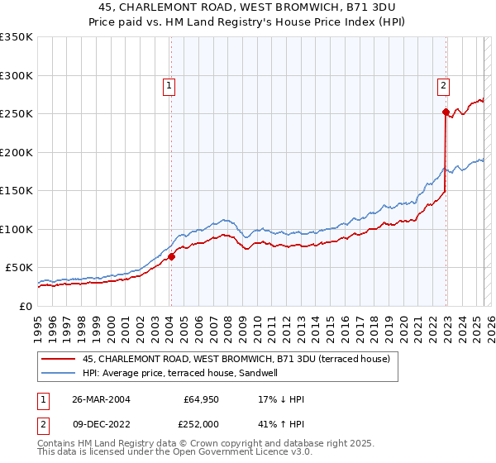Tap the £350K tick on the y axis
click(17, 37)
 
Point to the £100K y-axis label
click(17, 229)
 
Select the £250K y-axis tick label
click(17, 114)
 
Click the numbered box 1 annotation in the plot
click(169, 84)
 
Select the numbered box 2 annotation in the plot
click(444, 84)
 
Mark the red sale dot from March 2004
click(171, 256)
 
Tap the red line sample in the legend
click(58, 359)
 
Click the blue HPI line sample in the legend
click(58, 373)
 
